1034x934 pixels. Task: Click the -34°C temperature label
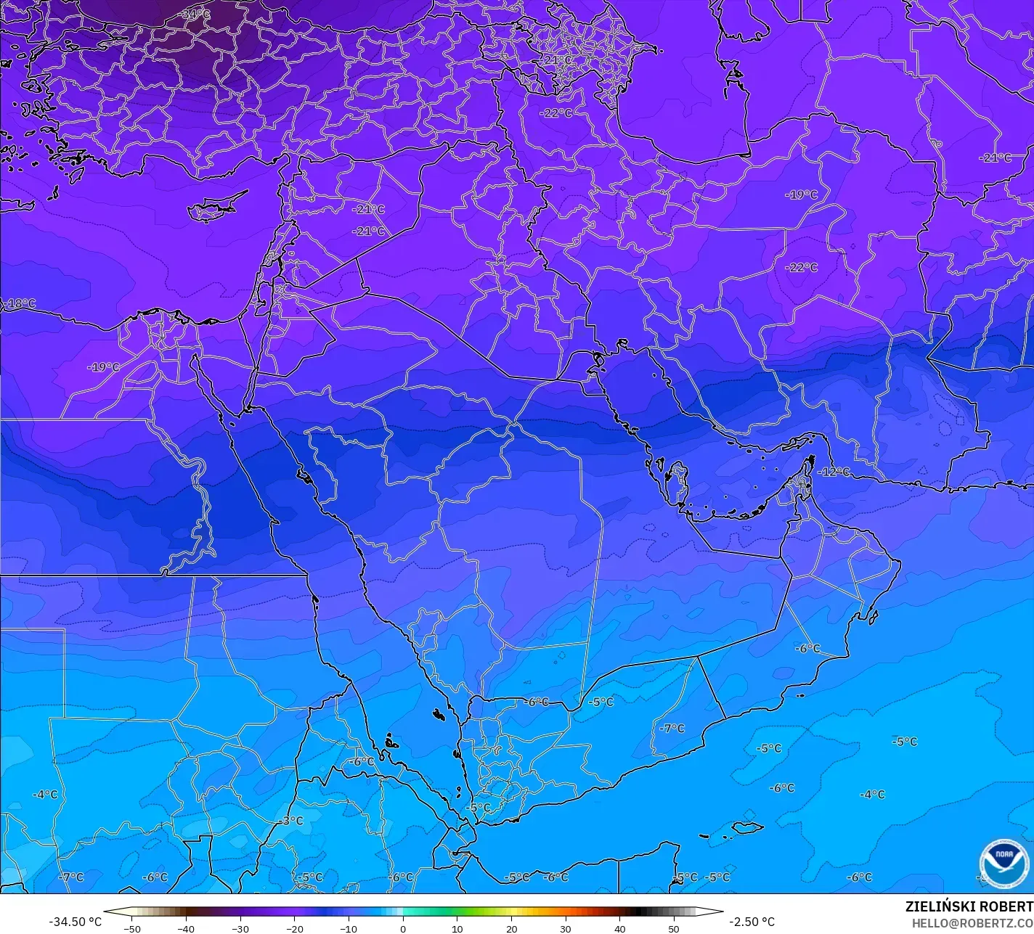point(195,15)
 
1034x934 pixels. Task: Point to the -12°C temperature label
point(834,472)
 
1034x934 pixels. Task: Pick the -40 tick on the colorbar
point(186,928)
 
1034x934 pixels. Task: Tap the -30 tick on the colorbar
point(240,928)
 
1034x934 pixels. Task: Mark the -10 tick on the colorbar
point(349,928)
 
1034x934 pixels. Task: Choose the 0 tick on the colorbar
point(403,928)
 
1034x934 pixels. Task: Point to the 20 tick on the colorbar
point(511,928)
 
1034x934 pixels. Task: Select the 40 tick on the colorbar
point(619,928)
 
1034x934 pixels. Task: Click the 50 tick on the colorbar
point(674,928)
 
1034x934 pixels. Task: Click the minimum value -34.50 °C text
point(76,922)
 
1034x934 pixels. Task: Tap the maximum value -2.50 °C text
point(752,922)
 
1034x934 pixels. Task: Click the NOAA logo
point(1004,863)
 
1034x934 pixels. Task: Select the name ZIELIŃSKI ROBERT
point(969,906)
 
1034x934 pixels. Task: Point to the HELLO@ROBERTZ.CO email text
point(972,922)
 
